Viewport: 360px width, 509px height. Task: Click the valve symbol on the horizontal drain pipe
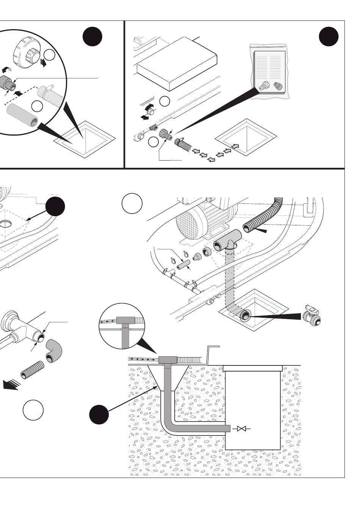[242, 429]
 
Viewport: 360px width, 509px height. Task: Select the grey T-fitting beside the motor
[227, 241]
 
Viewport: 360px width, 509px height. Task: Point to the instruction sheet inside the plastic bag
[268, 67]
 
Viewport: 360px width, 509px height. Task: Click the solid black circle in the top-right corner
[328, 37]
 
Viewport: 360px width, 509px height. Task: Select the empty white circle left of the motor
[132, 203]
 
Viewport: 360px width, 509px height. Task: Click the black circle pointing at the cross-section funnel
[99, 414]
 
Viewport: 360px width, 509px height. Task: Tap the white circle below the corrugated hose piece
[33, 410]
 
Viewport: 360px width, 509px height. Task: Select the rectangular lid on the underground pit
[253, 368]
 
